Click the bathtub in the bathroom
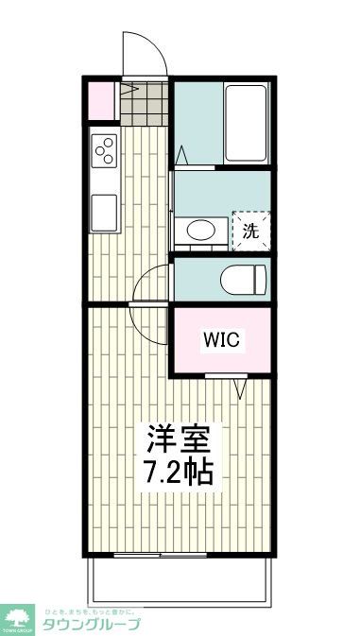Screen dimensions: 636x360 coord(249,125)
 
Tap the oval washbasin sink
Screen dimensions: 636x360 coord(199,231)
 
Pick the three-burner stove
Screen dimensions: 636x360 coord(103,149)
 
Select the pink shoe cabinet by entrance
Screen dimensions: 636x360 coord(99,102)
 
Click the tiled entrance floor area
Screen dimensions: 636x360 coord(145,103)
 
